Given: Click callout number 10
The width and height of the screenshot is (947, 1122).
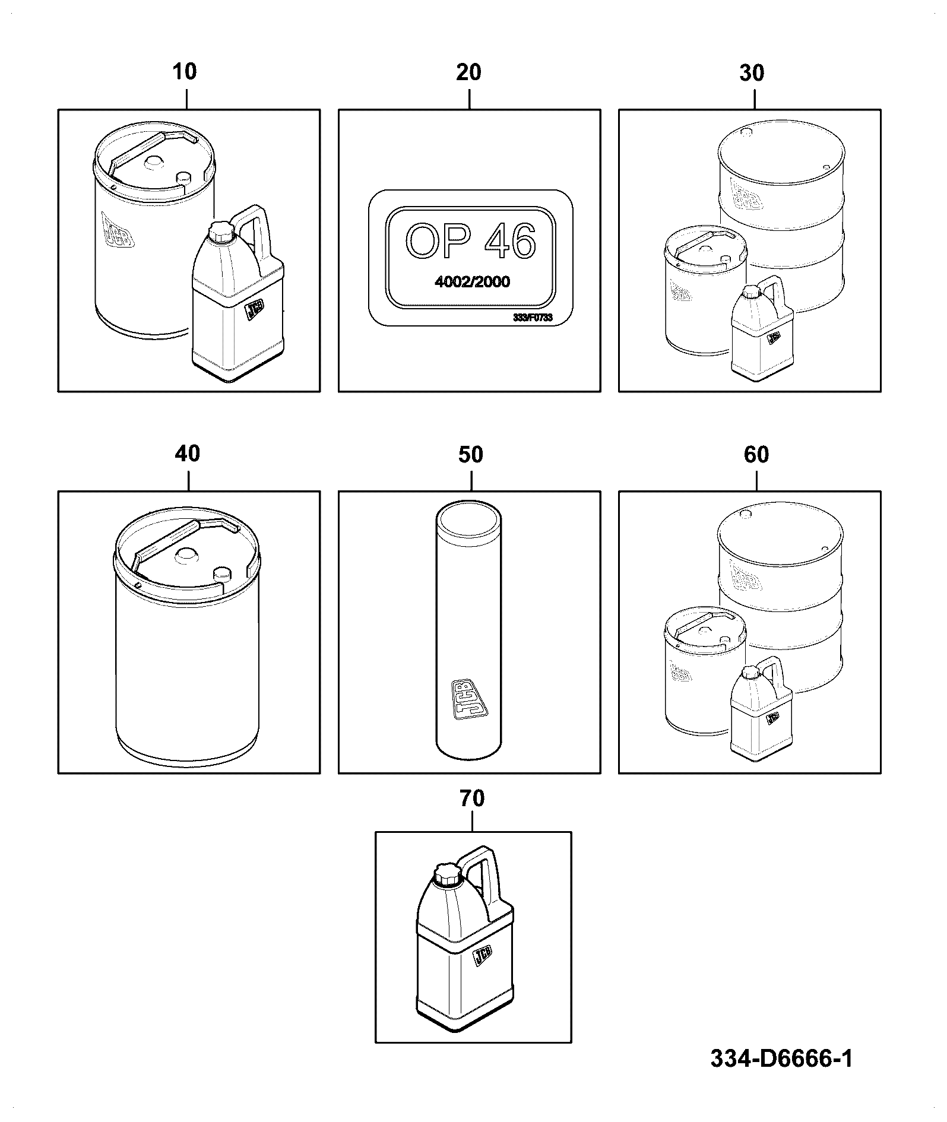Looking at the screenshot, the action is [x=184, y=72].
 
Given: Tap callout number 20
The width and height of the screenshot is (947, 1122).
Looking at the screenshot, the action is [x=468, y=72].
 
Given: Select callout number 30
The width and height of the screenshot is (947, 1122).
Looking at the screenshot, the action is [x=752, y=73].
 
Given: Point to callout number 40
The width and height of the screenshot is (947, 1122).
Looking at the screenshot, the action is [x=187, y=454].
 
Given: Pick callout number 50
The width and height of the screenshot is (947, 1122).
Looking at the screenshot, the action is [x=471, y=455].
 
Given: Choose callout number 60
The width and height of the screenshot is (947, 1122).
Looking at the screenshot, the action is [x=756, y=455].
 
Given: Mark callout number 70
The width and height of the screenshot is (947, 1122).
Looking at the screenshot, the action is [x=472, y=798].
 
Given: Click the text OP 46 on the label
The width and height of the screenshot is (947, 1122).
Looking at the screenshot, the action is [x=470, y=242].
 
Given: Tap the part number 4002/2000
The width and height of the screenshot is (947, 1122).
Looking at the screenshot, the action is [x=472, y=281].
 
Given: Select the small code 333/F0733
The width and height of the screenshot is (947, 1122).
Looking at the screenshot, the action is [x=533, y=318].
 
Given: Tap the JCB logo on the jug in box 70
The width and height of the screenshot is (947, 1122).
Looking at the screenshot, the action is [x=483, y=972].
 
